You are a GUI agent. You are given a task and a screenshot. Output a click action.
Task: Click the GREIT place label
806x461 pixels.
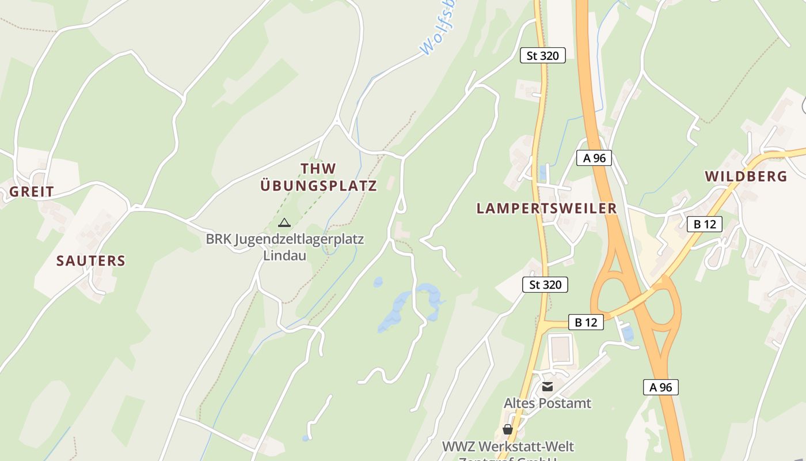32,192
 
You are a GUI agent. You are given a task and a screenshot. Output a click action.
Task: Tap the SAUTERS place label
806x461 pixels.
91,260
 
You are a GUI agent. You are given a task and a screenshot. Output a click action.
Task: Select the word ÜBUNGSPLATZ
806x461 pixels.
318,186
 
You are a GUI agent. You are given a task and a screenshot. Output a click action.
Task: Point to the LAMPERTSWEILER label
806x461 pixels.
546,209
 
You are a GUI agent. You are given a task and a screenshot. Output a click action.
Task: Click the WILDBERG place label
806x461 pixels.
746,176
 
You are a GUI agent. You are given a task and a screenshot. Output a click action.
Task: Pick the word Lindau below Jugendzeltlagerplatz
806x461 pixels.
284,255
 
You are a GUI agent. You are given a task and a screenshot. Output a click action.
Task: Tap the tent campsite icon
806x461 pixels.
284,222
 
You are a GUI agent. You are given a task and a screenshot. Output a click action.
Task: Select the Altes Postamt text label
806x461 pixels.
548,403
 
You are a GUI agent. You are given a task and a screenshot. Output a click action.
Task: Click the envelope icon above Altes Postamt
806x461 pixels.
547,387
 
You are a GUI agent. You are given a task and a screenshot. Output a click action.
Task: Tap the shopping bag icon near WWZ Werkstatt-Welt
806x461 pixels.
507,429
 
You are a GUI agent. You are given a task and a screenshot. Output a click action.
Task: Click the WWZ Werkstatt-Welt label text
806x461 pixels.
508,446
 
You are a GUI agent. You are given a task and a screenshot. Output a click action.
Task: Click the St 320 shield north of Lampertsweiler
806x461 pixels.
542,56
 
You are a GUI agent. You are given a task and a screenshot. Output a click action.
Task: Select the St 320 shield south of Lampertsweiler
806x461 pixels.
545,284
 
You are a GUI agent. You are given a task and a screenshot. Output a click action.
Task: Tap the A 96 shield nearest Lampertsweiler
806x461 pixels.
594,158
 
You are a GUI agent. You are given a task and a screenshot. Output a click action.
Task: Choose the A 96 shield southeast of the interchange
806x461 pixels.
661,387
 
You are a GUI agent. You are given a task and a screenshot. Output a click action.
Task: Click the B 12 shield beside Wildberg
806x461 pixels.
705,224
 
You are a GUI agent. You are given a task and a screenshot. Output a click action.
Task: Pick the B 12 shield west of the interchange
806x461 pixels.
586,322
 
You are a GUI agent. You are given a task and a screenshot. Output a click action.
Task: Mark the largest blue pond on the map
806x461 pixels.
397,311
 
